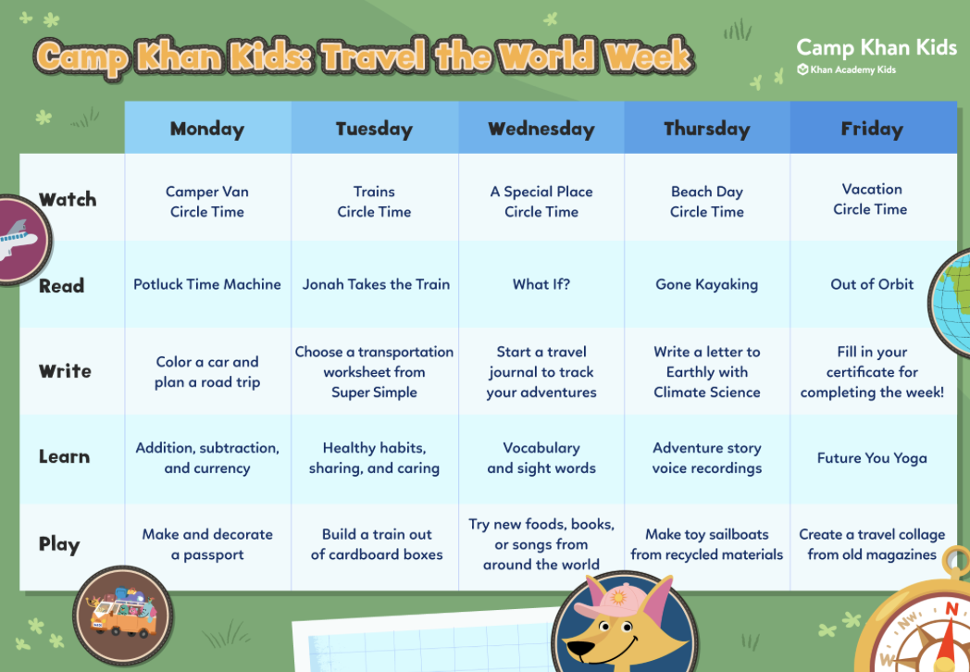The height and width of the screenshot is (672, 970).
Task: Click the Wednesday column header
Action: click(x=541, y=129)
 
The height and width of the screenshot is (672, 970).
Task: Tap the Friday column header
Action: click(x=872, y=129)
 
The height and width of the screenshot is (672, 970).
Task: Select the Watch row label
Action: click(x=68, y=199)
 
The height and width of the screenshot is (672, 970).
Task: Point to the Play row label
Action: click(x=59, y=544)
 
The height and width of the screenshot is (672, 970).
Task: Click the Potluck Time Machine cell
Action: click(x=207, y=284)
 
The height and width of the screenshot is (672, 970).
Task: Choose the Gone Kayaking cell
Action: click(x=706, y=284)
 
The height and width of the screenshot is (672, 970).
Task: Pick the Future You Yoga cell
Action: click(x=872, y=458)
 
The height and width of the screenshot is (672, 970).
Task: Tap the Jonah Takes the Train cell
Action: click(x=376, y=284)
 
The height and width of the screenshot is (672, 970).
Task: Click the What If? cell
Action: click(x=541, y=284)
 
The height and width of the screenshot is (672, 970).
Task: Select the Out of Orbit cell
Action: click(x=872, y=284)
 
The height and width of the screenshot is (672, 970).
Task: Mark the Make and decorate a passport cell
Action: click(x=207, y=544)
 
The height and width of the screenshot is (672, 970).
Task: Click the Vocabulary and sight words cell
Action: click(x=541, y=458)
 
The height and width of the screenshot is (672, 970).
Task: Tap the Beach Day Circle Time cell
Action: click(x=706, y=202)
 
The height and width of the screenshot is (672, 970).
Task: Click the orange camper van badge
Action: click(x=122, y=616)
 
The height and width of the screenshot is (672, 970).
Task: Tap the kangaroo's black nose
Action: click(x=580, y=650)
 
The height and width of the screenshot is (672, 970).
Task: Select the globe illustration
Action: click(x=951, y=303)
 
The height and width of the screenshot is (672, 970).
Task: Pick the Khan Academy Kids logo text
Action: click(x=847, y=70)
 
